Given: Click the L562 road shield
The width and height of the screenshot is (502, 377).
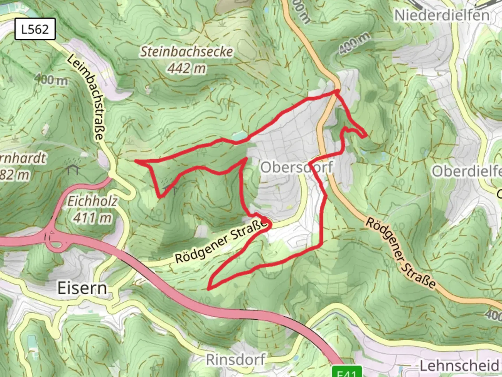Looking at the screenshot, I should tap(35, 29).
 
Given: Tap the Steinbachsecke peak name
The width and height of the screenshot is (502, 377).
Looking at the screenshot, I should tap(187, 52).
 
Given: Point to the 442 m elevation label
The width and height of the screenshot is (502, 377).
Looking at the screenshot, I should tap(187, 68).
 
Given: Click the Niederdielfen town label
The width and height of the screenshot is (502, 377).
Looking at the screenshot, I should tap(442, 15).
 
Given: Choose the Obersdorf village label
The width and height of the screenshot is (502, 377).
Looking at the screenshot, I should tap(297, 167).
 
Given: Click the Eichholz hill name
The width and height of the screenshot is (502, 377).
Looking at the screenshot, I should tap(92, 201).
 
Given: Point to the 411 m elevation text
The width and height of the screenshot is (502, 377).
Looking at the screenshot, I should tap(92, 218).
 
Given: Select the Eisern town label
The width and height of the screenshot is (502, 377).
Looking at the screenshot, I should tap(82, 288).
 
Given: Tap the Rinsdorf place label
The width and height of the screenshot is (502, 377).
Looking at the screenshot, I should tap(236, 360).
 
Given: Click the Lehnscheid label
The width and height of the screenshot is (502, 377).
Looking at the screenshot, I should tap(459, 366).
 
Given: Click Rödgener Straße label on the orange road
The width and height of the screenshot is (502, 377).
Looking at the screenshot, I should tap(401, 253).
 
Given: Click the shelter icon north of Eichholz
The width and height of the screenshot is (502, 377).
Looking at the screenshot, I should tap(73, 170).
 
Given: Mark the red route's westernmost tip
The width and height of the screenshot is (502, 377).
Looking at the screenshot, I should tap(135, 161).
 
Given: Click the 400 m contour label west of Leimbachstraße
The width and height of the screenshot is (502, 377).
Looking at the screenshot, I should tap(51, 80).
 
